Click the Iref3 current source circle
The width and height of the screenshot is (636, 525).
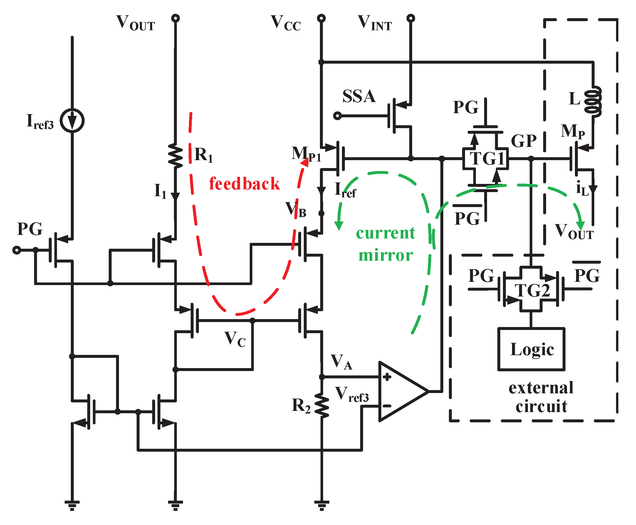click(x=72, y=120)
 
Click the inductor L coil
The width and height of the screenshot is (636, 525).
click(x=593, y=101)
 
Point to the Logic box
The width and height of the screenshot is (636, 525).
click(x=531, y=349)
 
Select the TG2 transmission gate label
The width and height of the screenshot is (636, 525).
click(x=532, y=290)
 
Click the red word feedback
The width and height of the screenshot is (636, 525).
click(x=244, y=184)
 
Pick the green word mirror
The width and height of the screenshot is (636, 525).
click(x=385, y=255)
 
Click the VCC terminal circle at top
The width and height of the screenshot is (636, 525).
click(x=321, y=18)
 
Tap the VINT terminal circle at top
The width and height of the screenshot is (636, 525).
click(x=411, y=18)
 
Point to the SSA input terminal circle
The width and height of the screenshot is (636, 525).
click(x=337, y=116)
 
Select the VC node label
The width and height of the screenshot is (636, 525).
click(x=235, y=339)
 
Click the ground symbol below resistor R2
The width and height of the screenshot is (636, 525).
click(x=322, y=505)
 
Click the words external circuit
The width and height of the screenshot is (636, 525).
click(x=541, y=397)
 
